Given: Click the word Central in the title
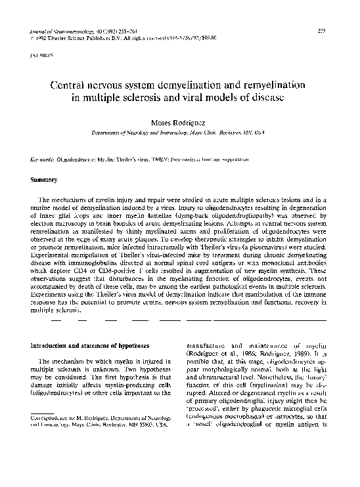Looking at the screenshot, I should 72,85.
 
